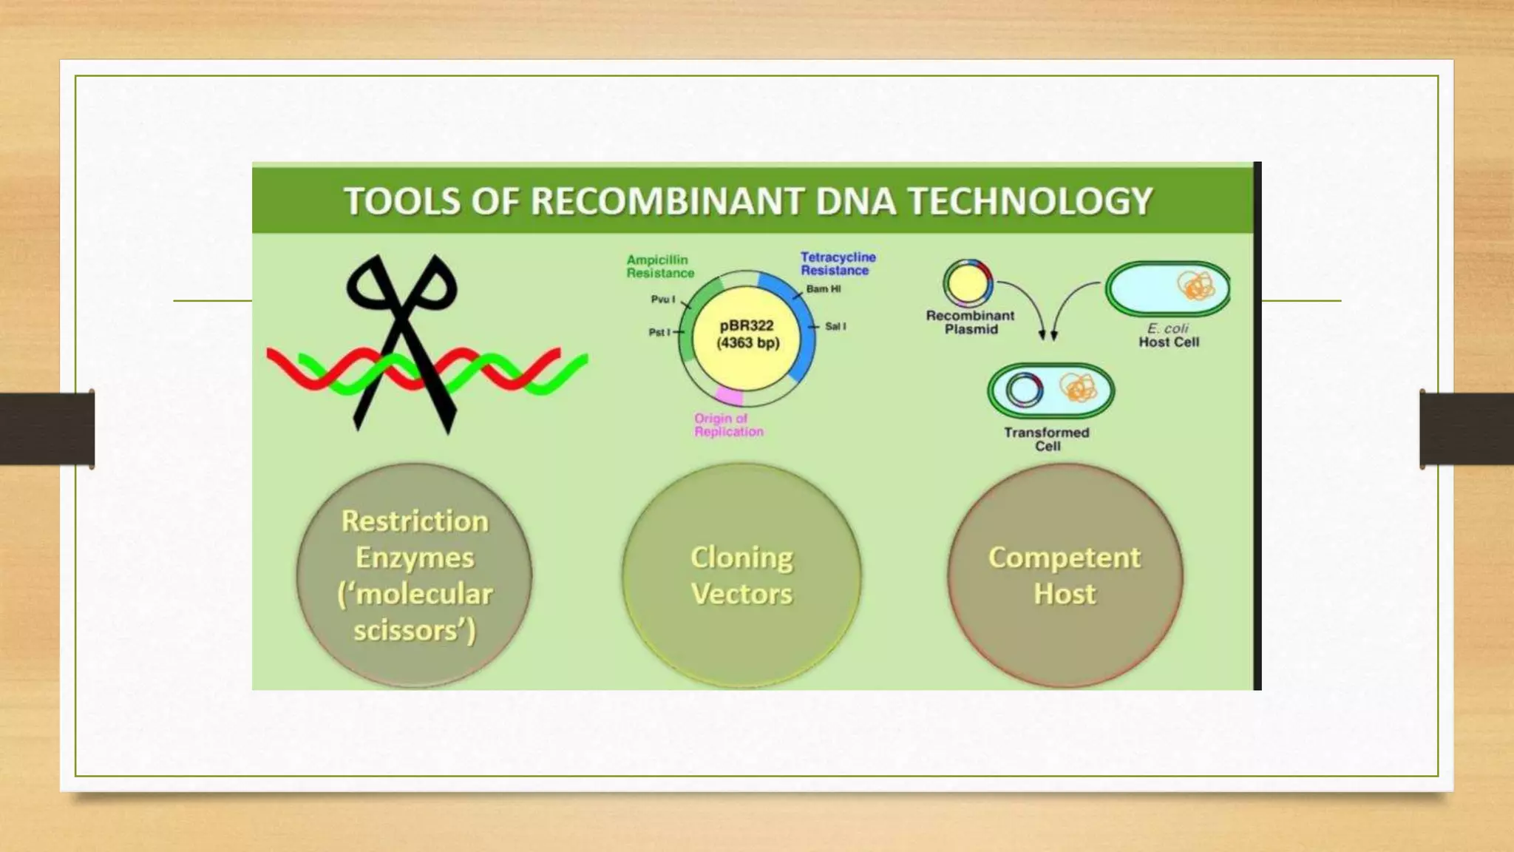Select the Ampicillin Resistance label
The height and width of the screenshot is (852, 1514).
(x=659, y=266)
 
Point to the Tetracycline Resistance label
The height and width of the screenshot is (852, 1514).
(x=838, y=264)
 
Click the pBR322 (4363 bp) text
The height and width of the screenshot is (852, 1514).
(x=747, y=334)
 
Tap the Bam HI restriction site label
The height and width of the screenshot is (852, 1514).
(x=823, y=289)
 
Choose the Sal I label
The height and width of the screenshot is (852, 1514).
(x=835, y=326)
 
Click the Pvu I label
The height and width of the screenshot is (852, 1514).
(x=662, y=300)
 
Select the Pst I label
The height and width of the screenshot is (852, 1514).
(x=659, y=333)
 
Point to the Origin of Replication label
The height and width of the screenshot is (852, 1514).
(x=728, y=425)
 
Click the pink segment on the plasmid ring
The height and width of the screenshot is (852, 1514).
(x=728, y=396)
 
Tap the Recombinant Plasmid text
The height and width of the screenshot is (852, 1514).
(x=970, y=322)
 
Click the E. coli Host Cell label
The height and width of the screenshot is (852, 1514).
(x=1168, y=335)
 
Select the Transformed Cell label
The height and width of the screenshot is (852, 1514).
(x=1046, y=439)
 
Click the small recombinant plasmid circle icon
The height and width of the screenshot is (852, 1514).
(x=967, y=283)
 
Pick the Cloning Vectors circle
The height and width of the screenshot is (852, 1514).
(x=741, y=575)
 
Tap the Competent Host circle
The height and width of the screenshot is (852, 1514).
(x=1065, y=575)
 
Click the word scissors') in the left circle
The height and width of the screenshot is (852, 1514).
(x=414, y=631)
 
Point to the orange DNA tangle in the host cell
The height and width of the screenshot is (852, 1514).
(x=1195, y=286)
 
